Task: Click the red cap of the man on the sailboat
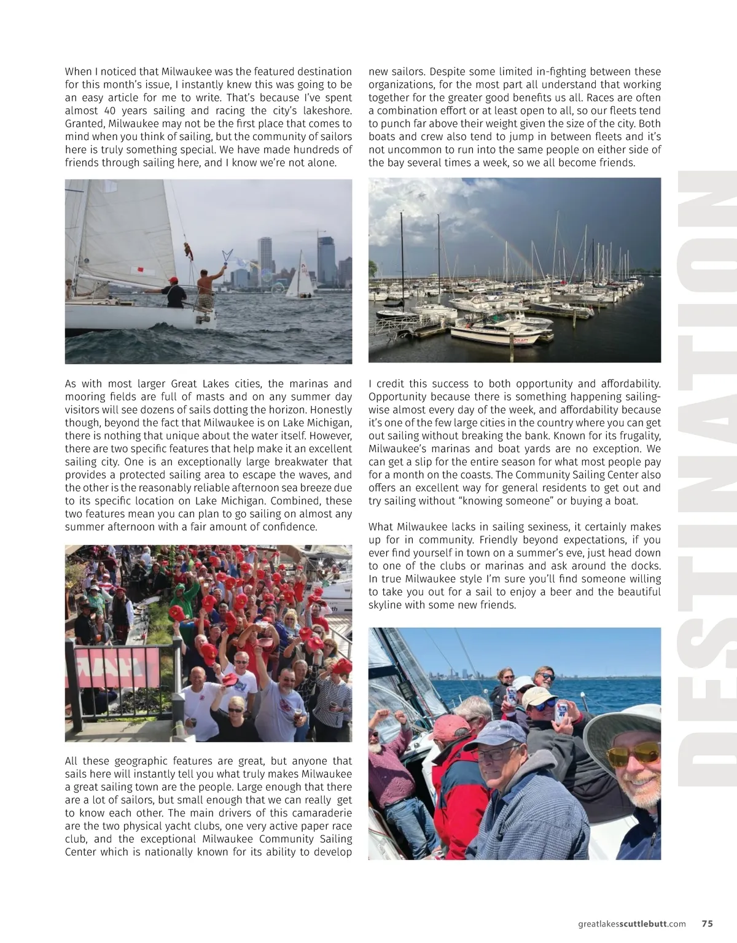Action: [x=173, y=280]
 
